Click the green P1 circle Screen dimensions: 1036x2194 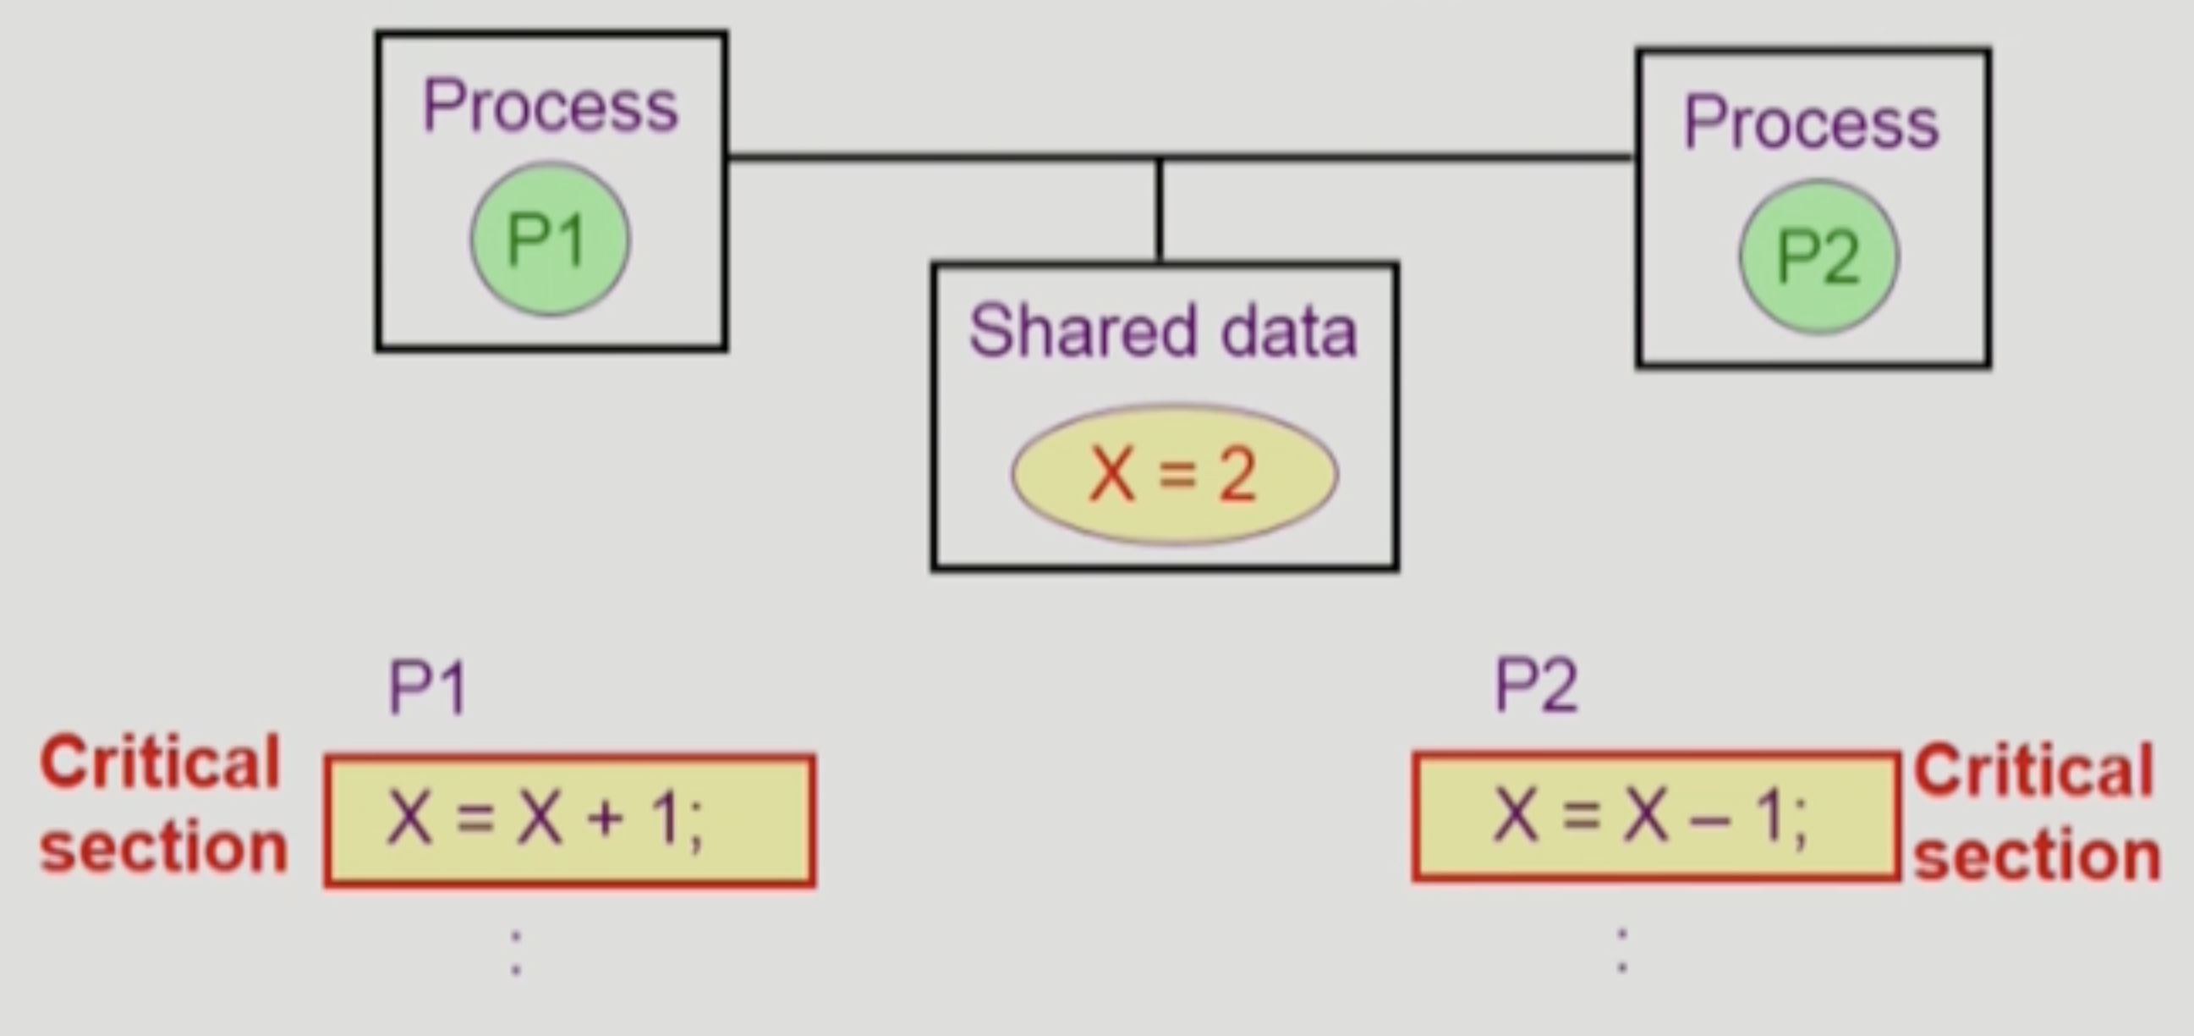coord(551,240)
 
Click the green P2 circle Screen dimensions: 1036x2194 coord(1818,256)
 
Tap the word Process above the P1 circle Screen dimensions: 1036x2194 coord(551,107)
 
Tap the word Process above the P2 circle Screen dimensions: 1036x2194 coord(1811,124)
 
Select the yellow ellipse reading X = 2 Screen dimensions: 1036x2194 coord(1174,474)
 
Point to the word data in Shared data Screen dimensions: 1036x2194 coord(1288,333)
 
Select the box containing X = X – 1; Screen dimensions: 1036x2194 coord(1655,816)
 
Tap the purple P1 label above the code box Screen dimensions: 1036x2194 coord(428,687)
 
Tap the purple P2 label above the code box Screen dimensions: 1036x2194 coord(1537,685)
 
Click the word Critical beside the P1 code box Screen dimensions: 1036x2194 coord(160,763)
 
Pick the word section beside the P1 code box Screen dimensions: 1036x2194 coord(163,848)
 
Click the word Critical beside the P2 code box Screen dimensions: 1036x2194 coord(2034,771)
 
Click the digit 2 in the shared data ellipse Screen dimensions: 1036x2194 coord(1237,475)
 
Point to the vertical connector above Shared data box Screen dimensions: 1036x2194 coord(1159,210)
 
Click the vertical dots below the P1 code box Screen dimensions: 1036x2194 coord(516,952)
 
